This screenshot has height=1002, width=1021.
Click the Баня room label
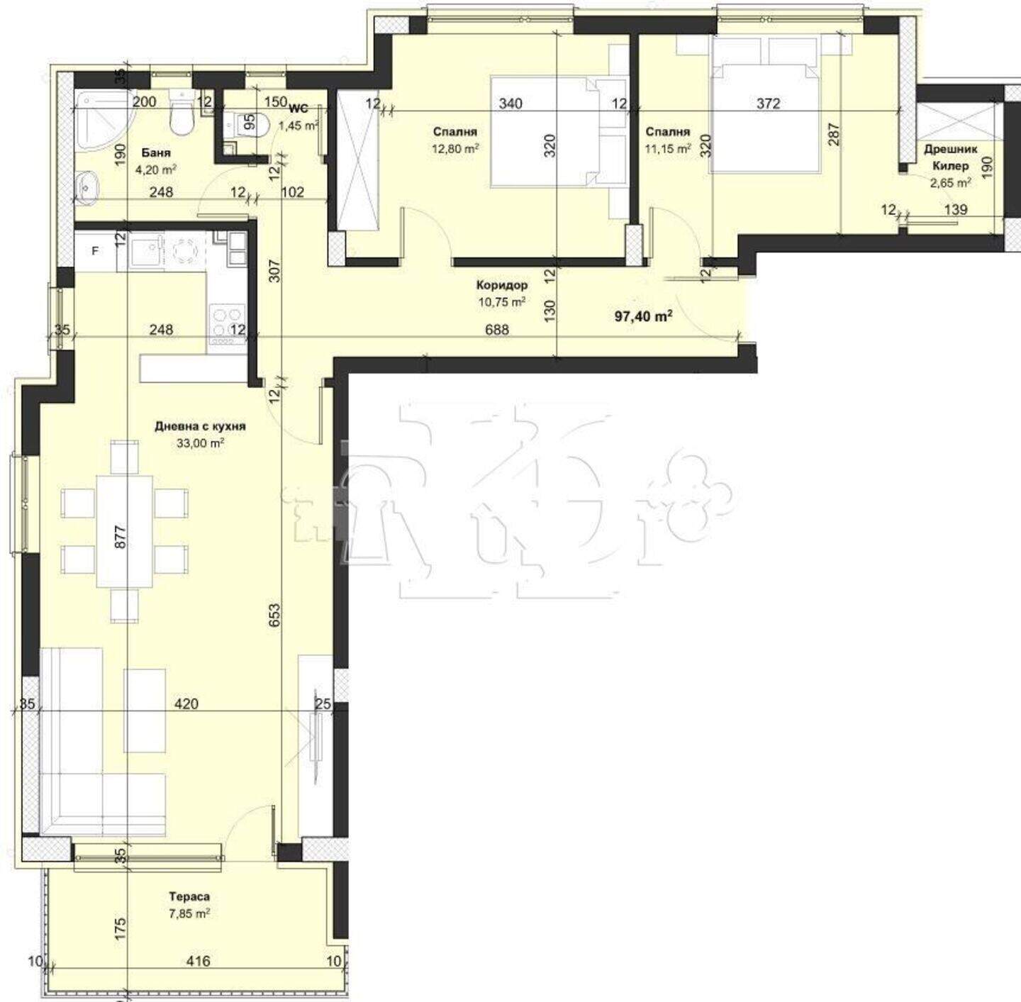pyautogui.click(x=156, y=152)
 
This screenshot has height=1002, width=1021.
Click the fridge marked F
pyautogui.click(x=96, y=251)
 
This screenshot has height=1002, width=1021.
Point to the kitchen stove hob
pyautogui.click(x=228, y=321)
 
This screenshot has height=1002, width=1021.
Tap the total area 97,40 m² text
pyautogui.click(x=643, y=316)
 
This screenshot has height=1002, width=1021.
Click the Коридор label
pyautogui.click(x=502, y=285)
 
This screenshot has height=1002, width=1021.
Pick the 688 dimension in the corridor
pyautogui.click(x=497, y=330)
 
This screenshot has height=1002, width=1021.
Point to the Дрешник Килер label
pyautogui.click(x=951, y=157)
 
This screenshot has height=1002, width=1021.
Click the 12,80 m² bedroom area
pyautogui.click(x=455, y=149)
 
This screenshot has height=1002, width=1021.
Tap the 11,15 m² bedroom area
pyautogui.click(x=668, y=149)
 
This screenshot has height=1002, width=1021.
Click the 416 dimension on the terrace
pyautogui.click(x=199, y=961)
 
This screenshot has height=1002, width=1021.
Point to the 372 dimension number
pyautogui.click(x=768, y=104)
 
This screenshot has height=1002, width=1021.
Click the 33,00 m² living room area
pyautogui.click(x=200, y=443)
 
